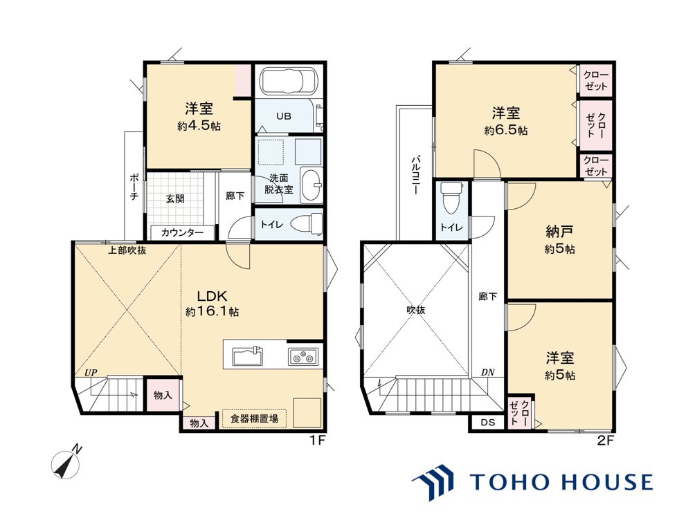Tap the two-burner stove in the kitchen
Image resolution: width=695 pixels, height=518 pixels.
[303, 357]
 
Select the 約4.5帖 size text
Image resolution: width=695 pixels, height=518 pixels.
[199, 127]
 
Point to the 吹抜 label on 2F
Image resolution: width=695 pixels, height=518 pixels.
[415, 310]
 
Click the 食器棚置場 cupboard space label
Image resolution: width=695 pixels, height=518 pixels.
[254, 418]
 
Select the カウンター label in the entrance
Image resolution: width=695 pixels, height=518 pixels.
[182, 233]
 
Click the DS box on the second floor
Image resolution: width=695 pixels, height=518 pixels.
[487, 422]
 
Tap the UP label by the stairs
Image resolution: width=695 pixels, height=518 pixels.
[90, 372]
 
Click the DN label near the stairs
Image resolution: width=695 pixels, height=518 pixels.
[487, 372]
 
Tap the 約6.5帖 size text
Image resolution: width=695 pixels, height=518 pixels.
[505, 129]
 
